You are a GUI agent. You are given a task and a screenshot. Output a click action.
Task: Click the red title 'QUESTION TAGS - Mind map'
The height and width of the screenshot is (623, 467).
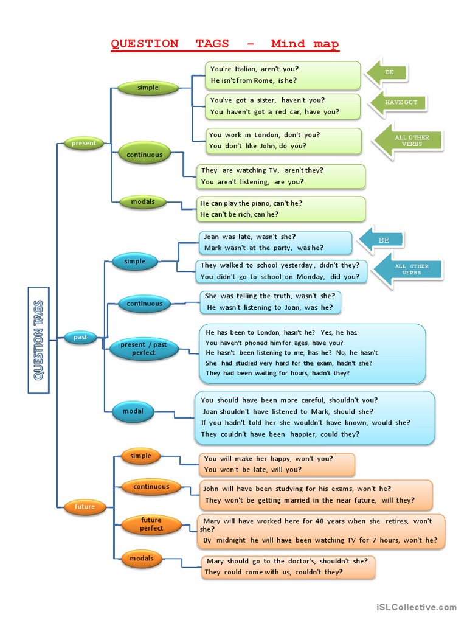[x=224, y=44]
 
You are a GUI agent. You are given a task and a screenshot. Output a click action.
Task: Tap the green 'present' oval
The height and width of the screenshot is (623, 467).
[x=84, y=144]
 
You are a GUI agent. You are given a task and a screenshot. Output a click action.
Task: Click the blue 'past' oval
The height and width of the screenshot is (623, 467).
[x=80, y=337]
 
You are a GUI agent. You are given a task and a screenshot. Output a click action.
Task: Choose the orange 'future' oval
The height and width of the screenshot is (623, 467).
[x=85, y=507]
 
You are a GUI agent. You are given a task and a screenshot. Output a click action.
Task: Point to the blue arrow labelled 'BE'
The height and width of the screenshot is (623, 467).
[x=382, y=240]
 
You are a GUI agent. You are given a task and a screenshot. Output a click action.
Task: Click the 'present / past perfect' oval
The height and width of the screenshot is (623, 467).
[x=144, y=349]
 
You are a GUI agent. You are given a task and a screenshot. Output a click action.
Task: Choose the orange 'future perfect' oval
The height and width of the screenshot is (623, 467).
[x=151, y=524]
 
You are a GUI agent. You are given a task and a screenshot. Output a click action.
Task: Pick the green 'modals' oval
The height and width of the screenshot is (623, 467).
[x=143, y=202]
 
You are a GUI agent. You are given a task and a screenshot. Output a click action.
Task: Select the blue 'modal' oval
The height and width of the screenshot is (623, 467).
[x=133, y=412]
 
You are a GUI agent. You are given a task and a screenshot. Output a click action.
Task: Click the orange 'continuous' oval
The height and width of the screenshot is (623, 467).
[x=151, y=487]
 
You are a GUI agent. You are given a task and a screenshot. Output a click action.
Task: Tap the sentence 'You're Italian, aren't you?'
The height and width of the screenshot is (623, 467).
[x=254, y=69]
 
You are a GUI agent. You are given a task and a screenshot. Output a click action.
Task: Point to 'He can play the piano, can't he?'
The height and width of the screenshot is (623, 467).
[x=251, y=203]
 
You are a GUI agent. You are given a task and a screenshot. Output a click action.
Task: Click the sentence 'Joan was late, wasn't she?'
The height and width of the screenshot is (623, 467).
[x=250, y=237]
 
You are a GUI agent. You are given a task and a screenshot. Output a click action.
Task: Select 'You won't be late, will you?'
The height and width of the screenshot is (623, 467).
[x=253, y=470]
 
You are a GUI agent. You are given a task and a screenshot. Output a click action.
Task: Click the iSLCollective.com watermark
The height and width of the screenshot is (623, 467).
[x=416, y=607]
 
